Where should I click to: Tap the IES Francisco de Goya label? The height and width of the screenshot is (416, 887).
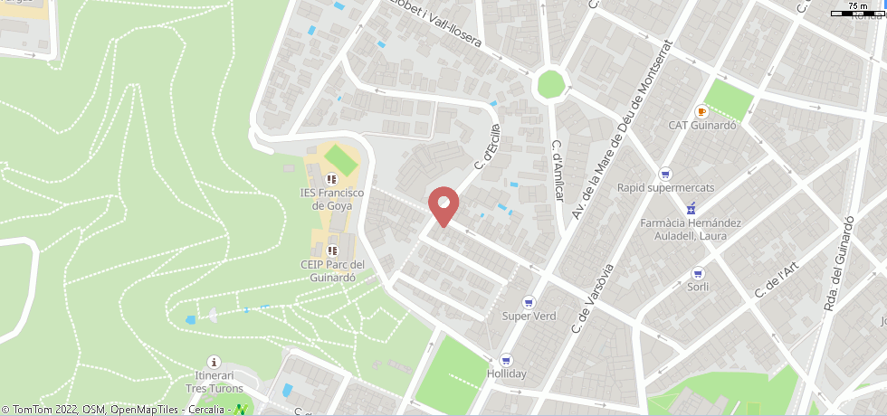331,199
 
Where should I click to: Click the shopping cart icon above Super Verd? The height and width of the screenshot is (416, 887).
529,302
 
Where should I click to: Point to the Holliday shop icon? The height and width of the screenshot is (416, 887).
506,359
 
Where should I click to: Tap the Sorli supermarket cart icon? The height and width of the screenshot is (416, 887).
697,273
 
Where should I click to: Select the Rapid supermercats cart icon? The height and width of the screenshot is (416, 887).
665,174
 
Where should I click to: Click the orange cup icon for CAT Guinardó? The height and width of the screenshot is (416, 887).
701,111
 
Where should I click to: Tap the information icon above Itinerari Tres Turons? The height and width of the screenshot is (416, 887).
215,362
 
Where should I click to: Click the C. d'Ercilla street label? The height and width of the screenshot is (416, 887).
487,147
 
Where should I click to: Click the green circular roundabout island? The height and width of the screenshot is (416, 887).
550,84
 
